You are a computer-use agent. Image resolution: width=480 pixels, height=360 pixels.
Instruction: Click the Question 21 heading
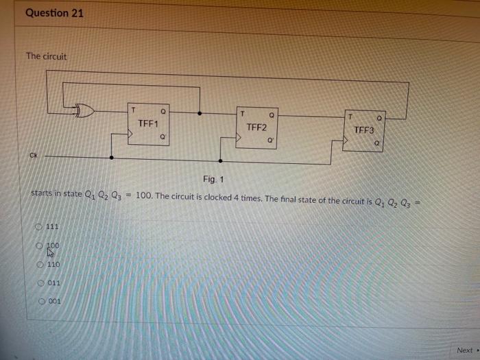[54, 13]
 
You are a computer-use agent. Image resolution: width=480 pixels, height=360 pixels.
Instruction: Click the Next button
[465, 350]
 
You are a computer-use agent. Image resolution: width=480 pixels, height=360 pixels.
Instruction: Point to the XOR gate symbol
[86, 108]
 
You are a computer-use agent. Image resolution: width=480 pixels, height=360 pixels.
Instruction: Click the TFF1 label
[148, 124]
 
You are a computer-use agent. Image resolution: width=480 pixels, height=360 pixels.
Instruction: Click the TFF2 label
[256, 128]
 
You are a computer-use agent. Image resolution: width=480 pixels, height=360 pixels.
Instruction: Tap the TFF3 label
[364, 130]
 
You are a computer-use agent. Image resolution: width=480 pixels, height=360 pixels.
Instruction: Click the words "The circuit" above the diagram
[47, 56]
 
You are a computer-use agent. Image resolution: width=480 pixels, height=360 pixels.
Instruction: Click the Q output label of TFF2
[272, 115]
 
